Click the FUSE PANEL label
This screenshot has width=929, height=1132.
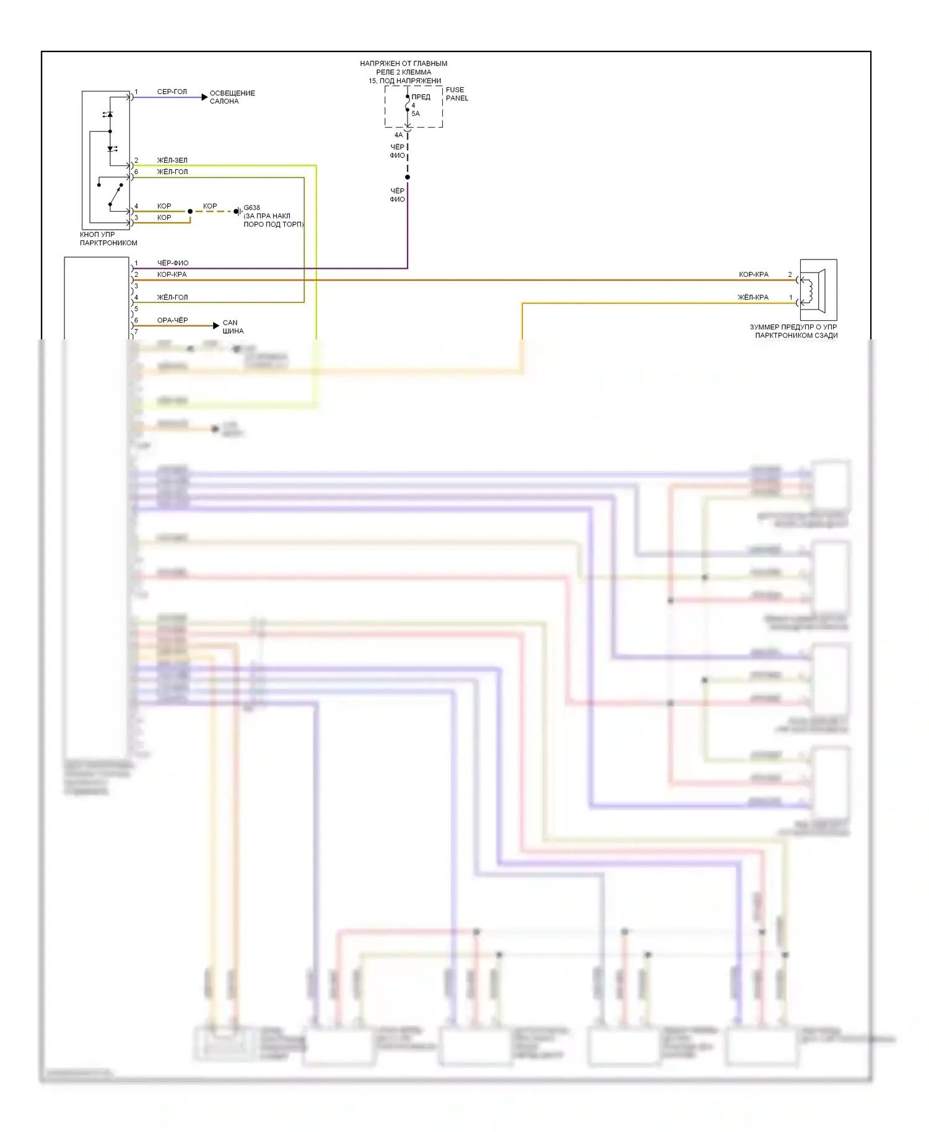tap(456, 94)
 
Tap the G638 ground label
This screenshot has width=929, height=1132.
tap(251, 208)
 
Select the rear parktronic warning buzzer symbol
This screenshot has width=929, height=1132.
tap(818, 290)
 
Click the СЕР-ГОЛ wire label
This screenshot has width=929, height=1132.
tap(172, 92)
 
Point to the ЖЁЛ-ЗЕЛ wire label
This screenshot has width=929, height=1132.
tap(172, 160)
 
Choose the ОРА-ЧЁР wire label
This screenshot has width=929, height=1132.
tap(172, 320)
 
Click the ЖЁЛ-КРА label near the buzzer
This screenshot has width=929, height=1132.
tap(752, 297)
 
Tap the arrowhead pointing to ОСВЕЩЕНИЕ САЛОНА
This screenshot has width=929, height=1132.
tap(204, 97)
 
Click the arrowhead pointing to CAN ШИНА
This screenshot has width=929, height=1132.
tap(216, 325)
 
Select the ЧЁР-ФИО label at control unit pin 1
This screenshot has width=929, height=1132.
tap(172, 263)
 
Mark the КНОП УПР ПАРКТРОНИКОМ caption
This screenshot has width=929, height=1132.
tap(108, 239)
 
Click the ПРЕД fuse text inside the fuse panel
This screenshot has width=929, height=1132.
tap(421, 97)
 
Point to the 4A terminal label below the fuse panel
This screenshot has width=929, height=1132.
tap(398, 135)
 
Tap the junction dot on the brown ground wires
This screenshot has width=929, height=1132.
tap(190, 211)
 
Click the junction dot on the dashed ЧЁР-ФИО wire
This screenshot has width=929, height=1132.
tap(408, 177)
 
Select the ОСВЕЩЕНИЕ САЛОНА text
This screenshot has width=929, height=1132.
tap(232, 97)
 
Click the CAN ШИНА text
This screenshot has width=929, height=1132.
tap(233, 327)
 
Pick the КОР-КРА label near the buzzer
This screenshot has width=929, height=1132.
tap(753, 274)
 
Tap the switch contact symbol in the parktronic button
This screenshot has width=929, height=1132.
tap(113, 193)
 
